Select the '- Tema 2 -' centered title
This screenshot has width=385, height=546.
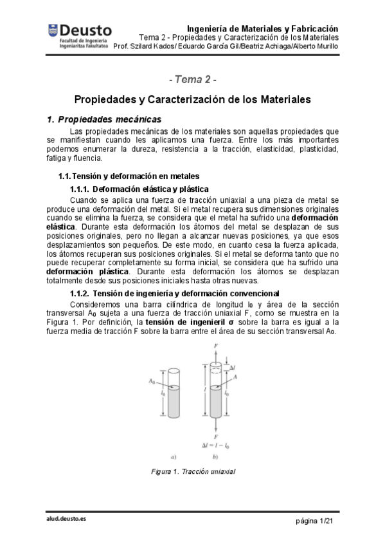192,80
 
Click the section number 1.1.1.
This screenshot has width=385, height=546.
80,189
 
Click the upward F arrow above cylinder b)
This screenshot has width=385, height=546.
215,352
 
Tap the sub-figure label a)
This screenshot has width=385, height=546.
174,457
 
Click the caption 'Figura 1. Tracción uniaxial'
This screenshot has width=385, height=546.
192,472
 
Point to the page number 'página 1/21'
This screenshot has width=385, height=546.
314,519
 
